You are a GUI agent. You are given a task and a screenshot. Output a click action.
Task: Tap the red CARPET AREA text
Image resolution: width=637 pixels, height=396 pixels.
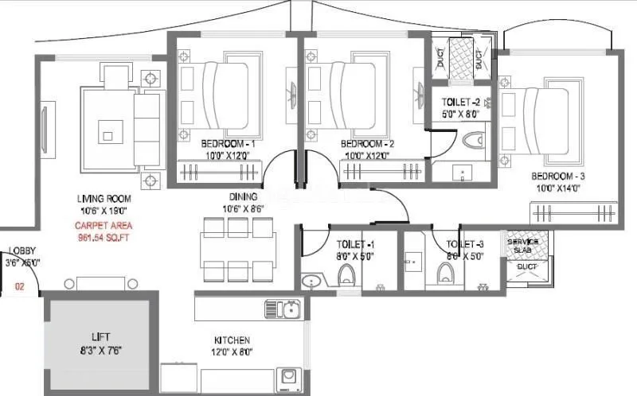pos(97,226)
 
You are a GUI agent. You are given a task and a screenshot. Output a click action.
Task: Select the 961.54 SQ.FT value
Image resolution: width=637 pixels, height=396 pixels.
pos(97,237)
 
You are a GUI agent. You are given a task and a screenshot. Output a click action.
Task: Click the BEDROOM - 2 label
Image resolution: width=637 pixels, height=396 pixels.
pos(367,143)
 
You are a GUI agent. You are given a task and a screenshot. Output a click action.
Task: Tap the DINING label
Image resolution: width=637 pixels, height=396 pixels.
pos(243,197)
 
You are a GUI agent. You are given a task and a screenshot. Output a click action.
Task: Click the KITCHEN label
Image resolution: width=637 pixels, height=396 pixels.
pos(232,340)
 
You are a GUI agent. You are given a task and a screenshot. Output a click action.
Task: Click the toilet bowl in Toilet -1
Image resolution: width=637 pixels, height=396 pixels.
pos(346,275)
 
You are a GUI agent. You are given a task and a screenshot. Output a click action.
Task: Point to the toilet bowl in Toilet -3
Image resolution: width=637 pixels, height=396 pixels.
pos(445,274)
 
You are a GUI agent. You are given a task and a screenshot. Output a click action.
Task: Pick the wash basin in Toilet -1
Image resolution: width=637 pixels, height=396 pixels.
pos(311,281)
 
